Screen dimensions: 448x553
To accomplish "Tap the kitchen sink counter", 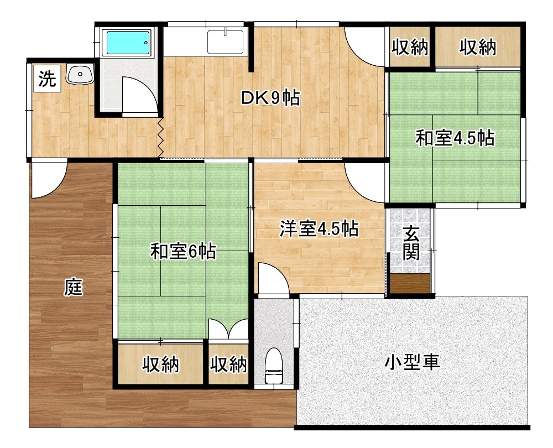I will tap(225, 41).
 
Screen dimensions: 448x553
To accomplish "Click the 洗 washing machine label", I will tap(47, 79).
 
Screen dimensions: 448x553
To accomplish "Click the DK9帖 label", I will tap(270, 98).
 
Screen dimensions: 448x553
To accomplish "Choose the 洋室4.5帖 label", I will tap(318, 228).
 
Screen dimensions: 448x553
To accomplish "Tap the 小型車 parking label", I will tap(412, 362).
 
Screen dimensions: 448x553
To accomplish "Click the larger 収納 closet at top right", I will tap(477, 48).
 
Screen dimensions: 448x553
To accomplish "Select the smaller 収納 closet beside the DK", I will tap(410, 48).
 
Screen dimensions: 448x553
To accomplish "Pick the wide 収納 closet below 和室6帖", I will tap(161, 364).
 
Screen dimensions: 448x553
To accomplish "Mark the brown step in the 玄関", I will tap(410, 283).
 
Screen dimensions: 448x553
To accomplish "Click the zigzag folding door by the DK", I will tap(160, 137).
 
